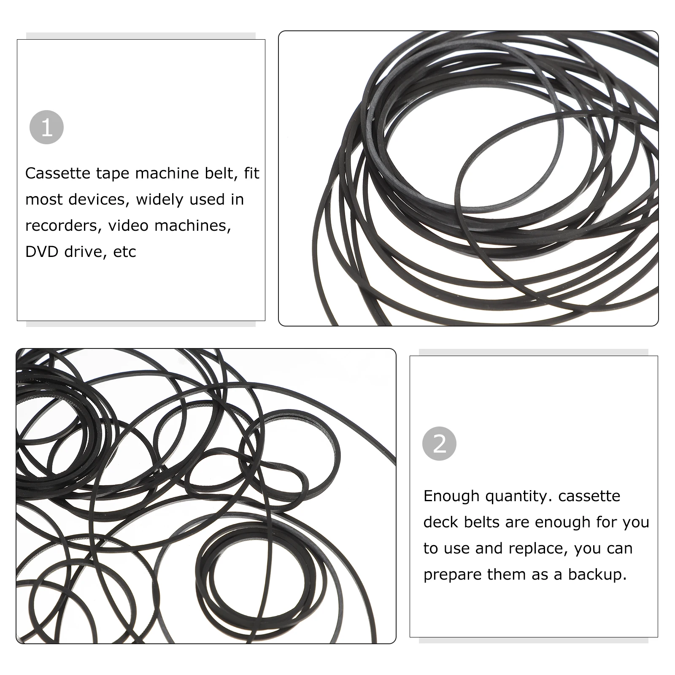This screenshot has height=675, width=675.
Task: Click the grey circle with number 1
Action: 46,127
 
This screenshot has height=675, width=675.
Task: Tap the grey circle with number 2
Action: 439,444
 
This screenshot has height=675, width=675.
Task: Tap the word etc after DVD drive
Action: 124,252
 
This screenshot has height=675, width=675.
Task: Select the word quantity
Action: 518,496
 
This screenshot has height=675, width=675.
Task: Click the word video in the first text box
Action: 128,226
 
